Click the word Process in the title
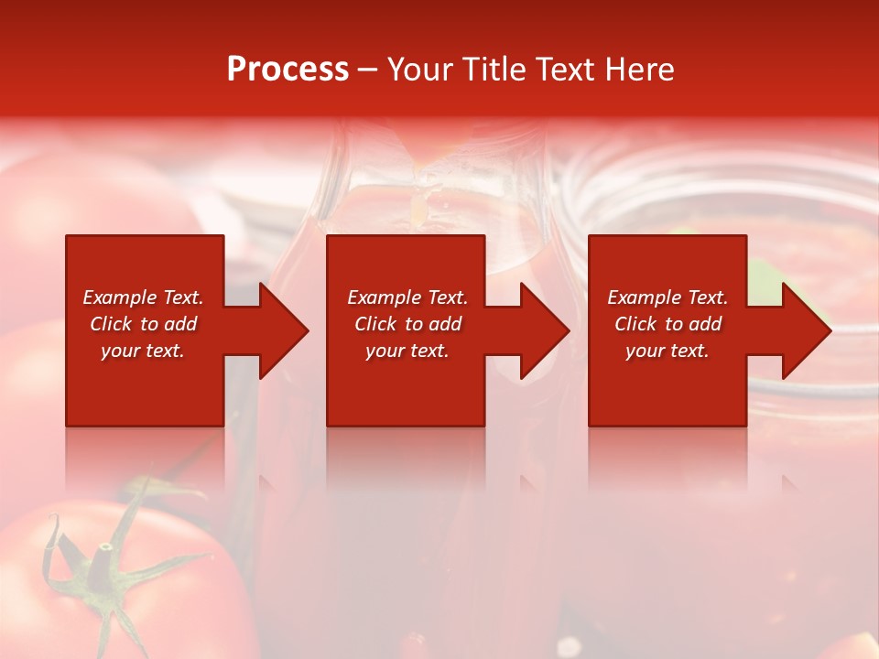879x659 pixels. click(288, 70)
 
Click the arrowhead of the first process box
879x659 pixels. click(283, 330)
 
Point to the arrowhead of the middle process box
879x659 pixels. click(544, 330)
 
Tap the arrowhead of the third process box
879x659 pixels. click(806, 330)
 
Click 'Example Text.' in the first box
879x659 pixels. click(143, 297)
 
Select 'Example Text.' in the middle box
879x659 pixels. click(407, 297)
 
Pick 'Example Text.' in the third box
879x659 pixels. click(667, 297)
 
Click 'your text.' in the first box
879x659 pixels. click(143, 351)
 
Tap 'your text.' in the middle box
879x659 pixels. click(407, 351)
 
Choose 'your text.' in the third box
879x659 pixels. click(667, 351)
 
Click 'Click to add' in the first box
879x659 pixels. click(143, 324)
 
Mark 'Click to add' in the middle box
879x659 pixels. click(407, 324)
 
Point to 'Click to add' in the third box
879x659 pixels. click(667, 324)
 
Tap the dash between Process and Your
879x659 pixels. click(367, 70)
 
